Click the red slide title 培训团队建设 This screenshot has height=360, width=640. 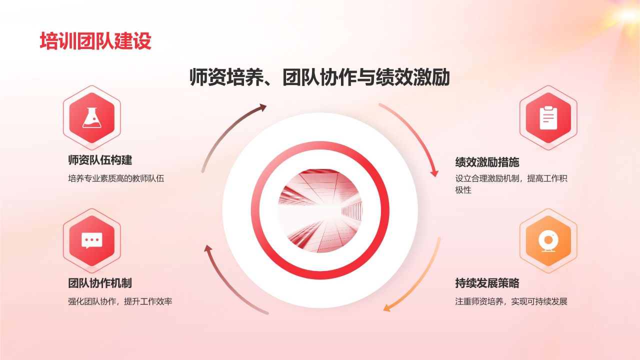click(x=95, y=41)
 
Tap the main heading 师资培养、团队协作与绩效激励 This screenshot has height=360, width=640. click(x=319, y=77)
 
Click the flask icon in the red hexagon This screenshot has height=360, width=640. click(x=91, y=117)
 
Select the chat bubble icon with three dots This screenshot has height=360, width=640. click(x=91, y=240)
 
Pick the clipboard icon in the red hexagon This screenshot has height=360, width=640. click(x=548, y=117)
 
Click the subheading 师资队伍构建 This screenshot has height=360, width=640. click(x=100, y=160)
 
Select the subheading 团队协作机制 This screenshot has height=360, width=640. click(x=100, y=283)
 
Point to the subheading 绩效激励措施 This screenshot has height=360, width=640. click(x=487, y=162)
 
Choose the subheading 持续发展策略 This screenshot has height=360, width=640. click(x=487, y=283)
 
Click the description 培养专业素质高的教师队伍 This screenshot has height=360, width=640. click(x=116, y=178)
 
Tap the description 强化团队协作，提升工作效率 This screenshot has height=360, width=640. click(x=120, y=301)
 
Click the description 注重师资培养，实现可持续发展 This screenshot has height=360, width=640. click(x=511, y=301)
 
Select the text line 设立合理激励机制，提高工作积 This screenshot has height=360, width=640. click(x=511, y=178)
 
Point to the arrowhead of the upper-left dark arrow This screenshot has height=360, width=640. click(x=262, y=107)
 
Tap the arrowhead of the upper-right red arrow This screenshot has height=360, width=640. click(x=434, y=173)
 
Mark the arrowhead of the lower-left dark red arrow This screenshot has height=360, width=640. click(x=208, y=248)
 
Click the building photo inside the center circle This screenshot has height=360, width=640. click(x=320, y=211)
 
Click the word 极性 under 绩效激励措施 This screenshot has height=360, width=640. click(x=463, y=190)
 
